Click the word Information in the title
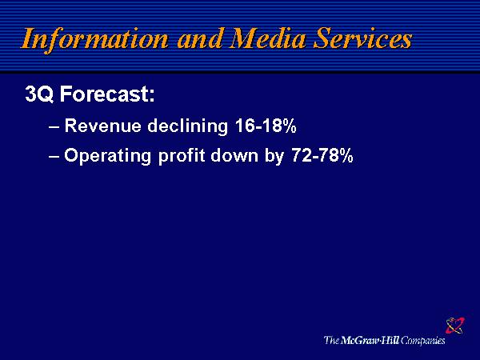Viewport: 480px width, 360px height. coord(94,40)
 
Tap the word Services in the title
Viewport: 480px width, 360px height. coord(363,38)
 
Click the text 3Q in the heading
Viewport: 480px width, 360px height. coord(39,94)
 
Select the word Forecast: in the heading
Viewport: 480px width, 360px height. coord(107,94)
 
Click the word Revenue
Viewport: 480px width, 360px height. coord(103,126)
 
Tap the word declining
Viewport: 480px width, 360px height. coord(188,126)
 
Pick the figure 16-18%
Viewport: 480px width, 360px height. coord(266,126)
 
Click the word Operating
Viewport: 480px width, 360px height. coord(108,155)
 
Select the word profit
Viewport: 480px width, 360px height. coord(182,155)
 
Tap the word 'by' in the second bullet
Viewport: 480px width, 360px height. coord(274,156)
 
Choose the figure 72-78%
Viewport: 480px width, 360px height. coord(322,155)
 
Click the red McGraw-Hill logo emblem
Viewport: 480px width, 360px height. coord(455,326)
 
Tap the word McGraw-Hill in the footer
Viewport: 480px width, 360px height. coord(370,340)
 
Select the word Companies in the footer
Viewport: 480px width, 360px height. coord(422,341)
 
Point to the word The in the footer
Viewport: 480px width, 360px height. coord(331,340)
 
